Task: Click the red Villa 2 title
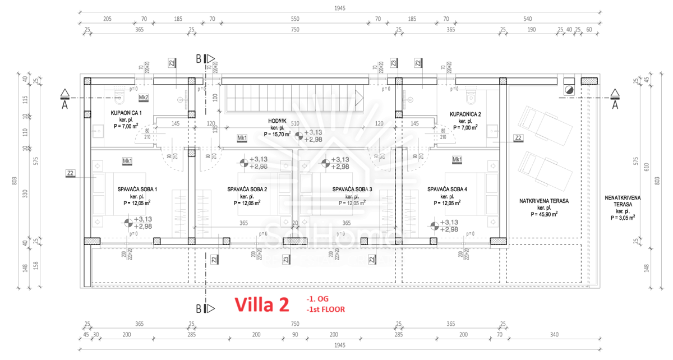pyautogui.click(x=261, y=304)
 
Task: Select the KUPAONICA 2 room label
pyautogui.click(x=465, y=114)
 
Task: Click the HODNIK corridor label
pyautogui.click(x=279, y=121)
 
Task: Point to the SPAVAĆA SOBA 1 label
pyautogui.click(x=137, y=190)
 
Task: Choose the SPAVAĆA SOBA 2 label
pyautogui.click(x=247, y=190)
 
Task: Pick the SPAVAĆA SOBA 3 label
pyautogui.click(x=352, y=190)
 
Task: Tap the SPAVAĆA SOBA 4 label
pyautogui.click(x=447, y=190)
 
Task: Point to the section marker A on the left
pyautogui.click(x=65, y=99)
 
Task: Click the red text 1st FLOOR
pyautogui.click(x=326, y=309)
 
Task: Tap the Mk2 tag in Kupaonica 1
pyautogui.click(x=144, y=98)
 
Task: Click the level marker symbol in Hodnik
pyautogui.click(x=301, y=135)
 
